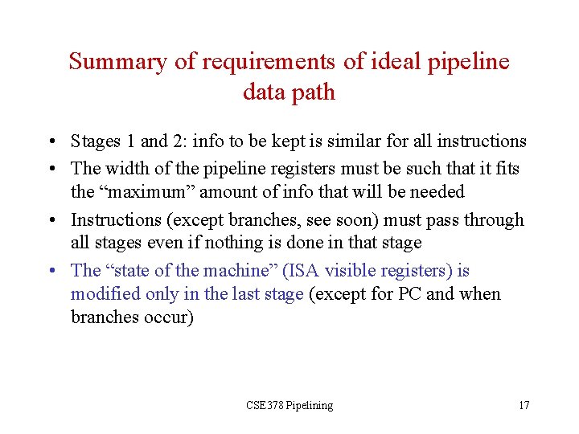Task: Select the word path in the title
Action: coord(314,92)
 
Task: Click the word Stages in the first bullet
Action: coord(95,141)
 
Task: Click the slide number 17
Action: coord(524,405)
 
